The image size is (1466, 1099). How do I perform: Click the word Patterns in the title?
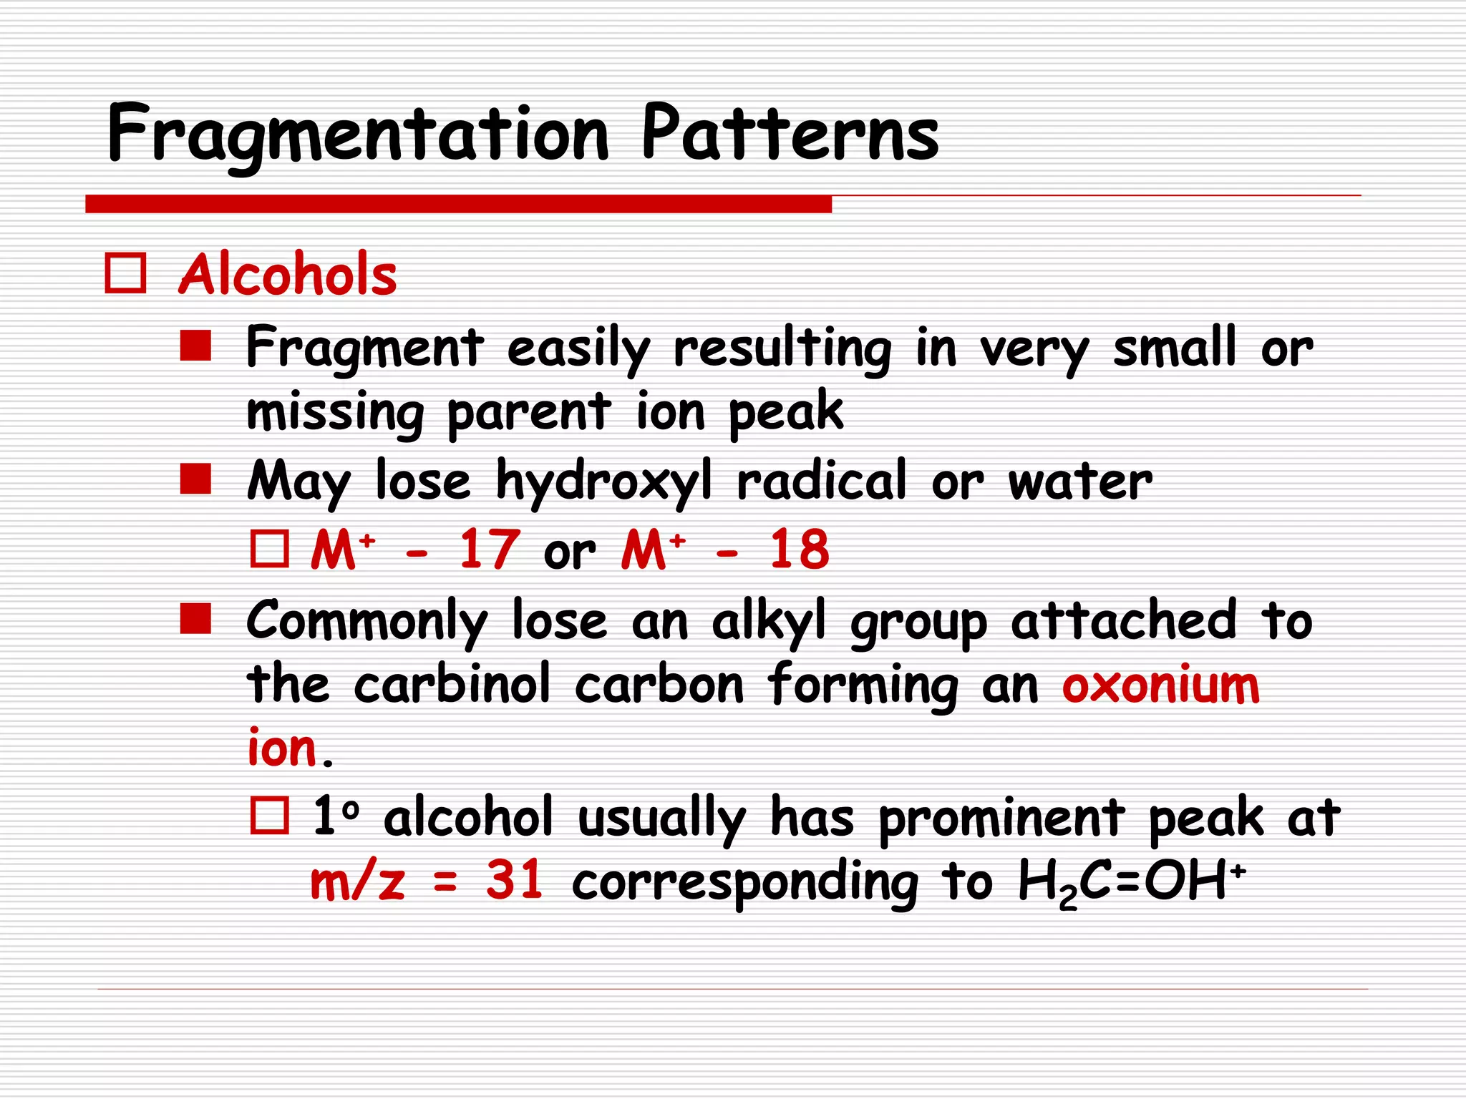click(790, 135)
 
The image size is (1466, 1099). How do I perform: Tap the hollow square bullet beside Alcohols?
click(126, 273)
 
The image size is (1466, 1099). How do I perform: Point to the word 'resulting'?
click(783, 349)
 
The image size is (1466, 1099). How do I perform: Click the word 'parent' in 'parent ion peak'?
click(529, 413)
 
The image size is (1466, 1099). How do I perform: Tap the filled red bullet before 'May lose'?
click(195, 479)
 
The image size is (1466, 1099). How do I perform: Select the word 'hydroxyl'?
click(605, 482)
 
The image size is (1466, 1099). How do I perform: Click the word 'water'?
click(1080, 482)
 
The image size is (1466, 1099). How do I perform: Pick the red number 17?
click(490, 549)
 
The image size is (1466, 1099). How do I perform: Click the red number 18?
click(800, 549)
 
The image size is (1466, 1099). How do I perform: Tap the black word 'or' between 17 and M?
click(569, 553)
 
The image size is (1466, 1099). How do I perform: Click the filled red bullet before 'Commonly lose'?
click(195, 619)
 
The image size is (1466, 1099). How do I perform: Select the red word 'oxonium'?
click(1160, 685)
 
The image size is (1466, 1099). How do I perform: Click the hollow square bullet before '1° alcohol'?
click(270, 816)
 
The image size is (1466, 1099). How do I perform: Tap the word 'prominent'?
click(1001, 819)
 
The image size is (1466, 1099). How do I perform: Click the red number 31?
click(515, 880)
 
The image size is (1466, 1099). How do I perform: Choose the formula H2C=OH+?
click(1131, 883)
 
